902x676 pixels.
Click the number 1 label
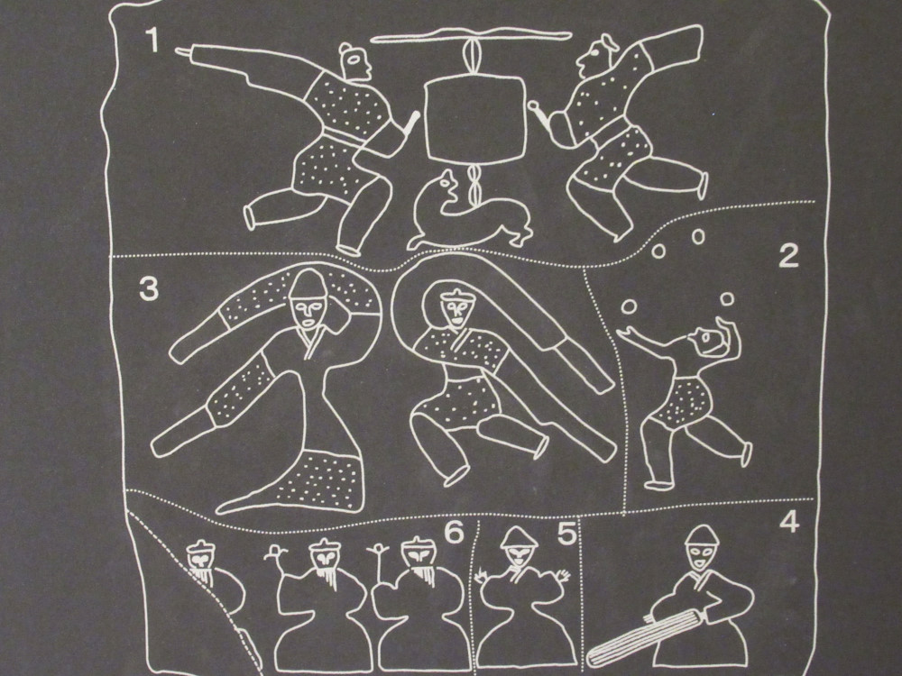click(152, 40)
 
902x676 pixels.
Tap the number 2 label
click(788, 256)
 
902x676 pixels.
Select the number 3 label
click(149, 289)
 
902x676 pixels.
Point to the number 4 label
click(789, 521)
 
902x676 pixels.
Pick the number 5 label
click(566, 534)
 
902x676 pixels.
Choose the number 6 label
click(454, 533)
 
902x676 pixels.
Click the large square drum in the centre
click(474, 121)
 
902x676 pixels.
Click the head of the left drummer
click(354, 62)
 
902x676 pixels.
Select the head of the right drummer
click(594, 55)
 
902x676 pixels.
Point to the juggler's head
click(709, 343)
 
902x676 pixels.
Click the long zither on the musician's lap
click(644, 636)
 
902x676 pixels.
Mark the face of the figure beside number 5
click(519, 554)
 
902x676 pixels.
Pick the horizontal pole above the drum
click(471, 37)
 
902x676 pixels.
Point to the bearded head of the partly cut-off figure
click(201, 562)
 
